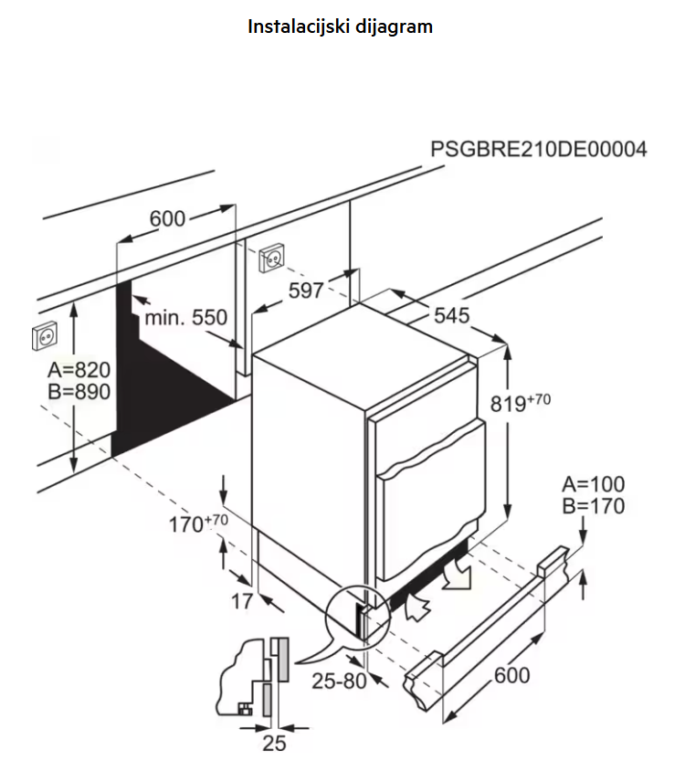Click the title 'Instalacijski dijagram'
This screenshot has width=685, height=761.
(x=340, y=26)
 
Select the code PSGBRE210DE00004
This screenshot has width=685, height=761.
(x=539, y=149)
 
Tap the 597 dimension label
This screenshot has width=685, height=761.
(x=306, y=291)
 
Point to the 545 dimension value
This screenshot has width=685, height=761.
(x=452, y=315)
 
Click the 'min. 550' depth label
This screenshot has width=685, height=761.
(x=186, y=318)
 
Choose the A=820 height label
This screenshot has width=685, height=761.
(x=79, y=370)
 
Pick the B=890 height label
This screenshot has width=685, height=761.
(x=79, y=392)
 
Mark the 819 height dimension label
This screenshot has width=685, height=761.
(x=520, y=402)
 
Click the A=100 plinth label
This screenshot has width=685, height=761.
(x=594, y=484)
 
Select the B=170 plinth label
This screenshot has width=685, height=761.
(x=594, y=506)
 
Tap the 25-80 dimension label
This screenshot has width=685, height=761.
(x=339, y=681)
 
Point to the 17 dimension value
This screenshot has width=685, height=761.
(x=242, y=602)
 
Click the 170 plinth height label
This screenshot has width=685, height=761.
(x=198, y=523)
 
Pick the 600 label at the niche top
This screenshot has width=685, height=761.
(x=167, y=219)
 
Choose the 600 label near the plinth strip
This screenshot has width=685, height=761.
(x=511, y=675)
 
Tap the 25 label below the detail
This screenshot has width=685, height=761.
(x=274, y=743)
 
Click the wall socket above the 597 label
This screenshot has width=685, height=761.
(x=271, y=258)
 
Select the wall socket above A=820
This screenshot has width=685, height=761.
(x=45, y=335)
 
